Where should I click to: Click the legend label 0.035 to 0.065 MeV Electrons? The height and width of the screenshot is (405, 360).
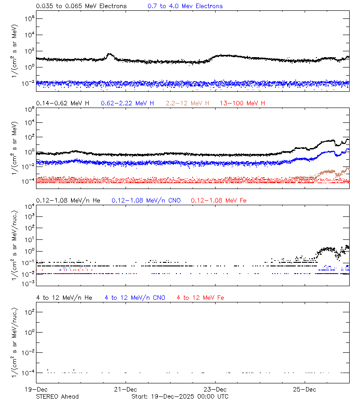click(x=81, y=6)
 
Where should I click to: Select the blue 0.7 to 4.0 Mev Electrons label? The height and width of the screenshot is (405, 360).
click(x=185, y=6)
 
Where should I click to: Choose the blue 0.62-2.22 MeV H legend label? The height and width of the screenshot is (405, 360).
click(x=127, y=103)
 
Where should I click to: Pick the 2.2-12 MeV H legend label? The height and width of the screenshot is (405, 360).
click(x=188, y=103)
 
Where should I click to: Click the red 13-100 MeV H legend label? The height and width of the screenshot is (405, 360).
click(x=243, y=103)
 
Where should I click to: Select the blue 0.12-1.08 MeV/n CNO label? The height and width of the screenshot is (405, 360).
click(x=146, y=200)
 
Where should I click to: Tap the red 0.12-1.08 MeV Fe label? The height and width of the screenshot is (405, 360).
click(x=219, y=200)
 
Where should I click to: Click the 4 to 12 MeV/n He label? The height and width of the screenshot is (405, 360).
click(x=64, y=298)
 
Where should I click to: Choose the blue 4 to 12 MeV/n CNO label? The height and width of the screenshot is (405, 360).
click(x=135, y=298)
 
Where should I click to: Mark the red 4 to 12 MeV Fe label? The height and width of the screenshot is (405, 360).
click(x=200, y=298)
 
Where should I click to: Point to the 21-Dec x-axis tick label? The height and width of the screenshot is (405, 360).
click(x=125, y=389)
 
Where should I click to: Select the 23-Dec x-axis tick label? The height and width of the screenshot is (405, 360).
click(x=215, y=389)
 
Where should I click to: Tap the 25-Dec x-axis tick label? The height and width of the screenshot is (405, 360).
click(x=304, y=389)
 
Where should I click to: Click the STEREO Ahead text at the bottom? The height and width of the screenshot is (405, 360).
click(x=57, y=396)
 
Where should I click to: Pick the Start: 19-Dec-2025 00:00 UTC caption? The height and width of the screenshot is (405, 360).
click(x=180, y=396)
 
